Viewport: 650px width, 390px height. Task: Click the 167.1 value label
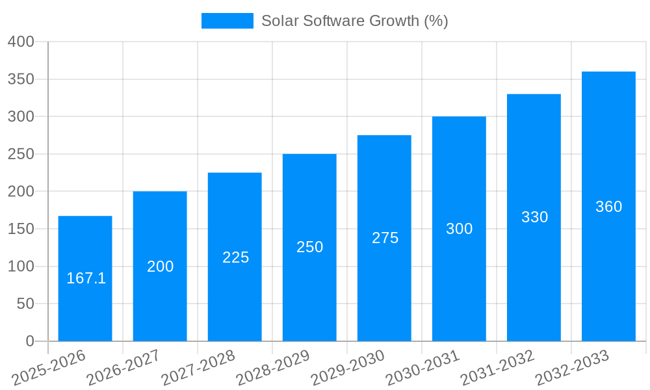click(x=86, y=278)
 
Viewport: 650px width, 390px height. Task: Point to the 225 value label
click(x=235, y=257)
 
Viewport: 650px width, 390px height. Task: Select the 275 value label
click(x=385, y=238)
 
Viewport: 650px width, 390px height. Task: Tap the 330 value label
click(x=534, y=217)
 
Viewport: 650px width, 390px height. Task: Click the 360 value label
click(x=608, y=207)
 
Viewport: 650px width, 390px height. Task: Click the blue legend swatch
click(x=227, y=21)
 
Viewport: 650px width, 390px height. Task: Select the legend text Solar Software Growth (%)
click(x=354, y=21)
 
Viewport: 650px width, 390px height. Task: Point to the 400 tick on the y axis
click(x=21, y=42)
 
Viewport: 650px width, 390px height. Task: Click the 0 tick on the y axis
click(x=29, y=341)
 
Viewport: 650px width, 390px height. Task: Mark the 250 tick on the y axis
click(x=21, y=154)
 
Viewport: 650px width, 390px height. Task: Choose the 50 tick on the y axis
click(x=25, y=304)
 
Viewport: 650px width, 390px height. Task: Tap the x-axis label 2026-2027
click(x=123, y=367)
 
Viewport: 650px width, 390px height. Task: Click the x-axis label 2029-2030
click(x=348, y=367)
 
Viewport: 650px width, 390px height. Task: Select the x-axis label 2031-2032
click(x=497, y=367)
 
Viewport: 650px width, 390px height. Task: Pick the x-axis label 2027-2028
click(x=198, y=367)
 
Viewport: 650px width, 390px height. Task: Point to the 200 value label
click(x=160, y=266)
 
